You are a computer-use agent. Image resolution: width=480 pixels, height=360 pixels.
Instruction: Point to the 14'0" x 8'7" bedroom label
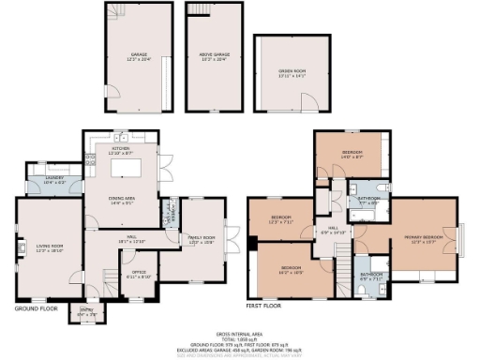(352, 154)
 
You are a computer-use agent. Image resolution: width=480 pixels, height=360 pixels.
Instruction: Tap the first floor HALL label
(333, 229)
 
